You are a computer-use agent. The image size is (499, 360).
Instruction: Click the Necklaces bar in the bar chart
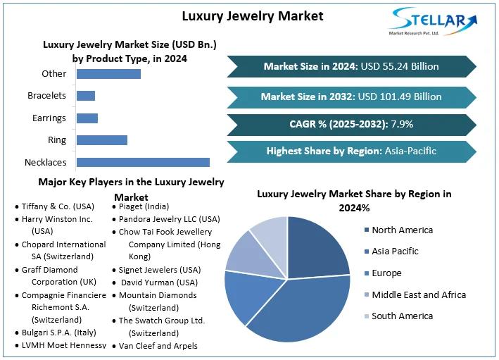(x=143, y=162)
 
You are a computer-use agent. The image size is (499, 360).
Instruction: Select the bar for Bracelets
(x=85, y=96)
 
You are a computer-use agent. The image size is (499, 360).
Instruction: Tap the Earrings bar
(x=87, y=118)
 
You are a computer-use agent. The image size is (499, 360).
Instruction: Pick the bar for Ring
(x=101, y=140)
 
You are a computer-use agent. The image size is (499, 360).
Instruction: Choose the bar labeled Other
(x=108, y=73)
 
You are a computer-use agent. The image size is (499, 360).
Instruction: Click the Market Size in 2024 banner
(x=350, y=66)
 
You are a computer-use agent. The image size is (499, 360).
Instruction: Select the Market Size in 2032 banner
(x=350, y=97)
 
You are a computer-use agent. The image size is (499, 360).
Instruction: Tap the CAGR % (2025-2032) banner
(x=350, y=124)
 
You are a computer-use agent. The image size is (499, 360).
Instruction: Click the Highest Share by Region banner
(x=350, y=151)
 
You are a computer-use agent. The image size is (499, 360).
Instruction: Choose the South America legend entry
(x=402, y=316)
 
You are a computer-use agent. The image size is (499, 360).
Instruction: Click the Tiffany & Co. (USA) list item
(x=56, y=206)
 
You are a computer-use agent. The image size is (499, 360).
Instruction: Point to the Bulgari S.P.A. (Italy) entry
(x=58, y=332)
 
